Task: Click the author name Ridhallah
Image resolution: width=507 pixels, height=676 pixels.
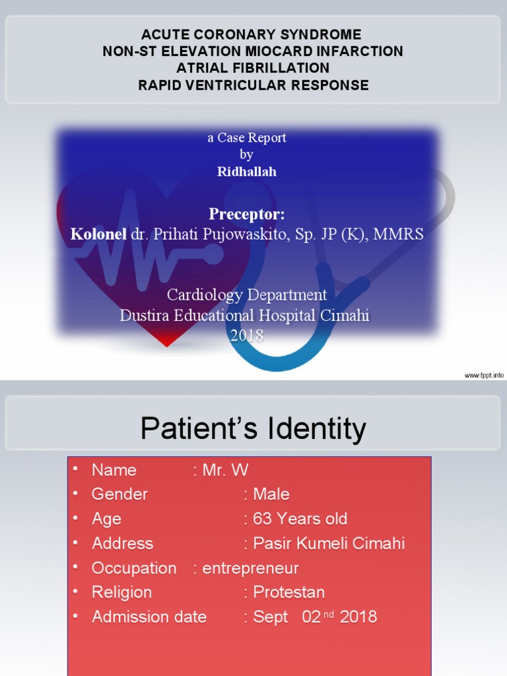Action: pyautogui.click(x=247, y=172)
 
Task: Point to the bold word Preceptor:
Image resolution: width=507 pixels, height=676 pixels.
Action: pyautogui.click(x=247, y=214)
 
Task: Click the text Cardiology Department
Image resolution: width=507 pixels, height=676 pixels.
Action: pyautogui.click(x=247, y=294)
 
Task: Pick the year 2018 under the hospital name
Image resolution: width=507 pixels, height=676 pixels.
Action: pyautogui.click(x=247, y=335)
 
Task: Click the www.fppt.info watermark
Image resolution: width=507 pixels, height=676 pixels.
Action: pyautogui.click(x=484, y=375)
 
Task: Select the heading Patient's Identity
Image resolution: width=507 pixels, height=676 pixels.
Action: pyautogui.click(x=253, y=429)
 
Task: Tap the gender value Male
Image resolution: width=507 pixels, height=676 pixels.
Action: pyautogui.click(x=271, y=494)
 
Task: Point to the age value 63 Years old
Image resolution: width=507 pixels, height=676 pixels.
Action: pyautogui.click(x=300, y=519)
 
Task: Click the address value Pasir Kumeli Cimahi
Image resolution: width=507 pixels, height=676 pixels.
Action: pyautogui.click(x=329, y=543)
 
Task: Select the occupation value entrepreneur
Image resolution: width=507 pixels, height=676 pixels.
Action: pyautogui.click(x=250, y=568)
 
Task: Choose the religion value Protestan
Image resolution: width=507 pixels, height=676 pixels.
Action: pyautogui.click(x=288, y=592)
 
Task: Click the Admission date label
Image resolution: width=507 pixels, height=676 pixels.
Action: pyautogui.click(x=149, y=617)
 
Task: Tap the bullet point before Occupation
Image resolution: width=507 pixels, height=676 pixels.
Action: pyautogui.click(x=75, y=566)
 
